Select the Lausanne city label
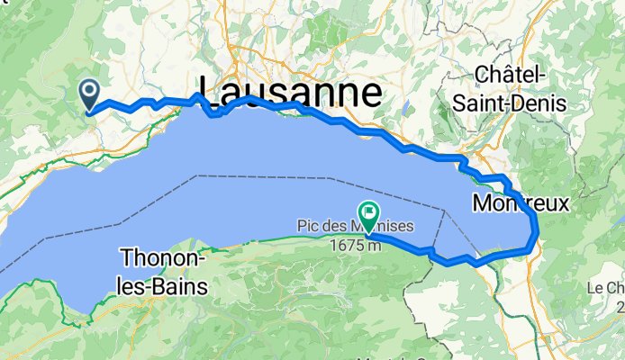point(290,92)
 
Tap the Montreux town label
point(521,204)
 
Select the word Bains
point(179,287)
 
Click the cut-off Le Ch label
point(607,289)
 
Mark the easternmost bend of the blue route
point(538,231)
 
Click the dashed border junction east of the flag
point(444,210)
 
